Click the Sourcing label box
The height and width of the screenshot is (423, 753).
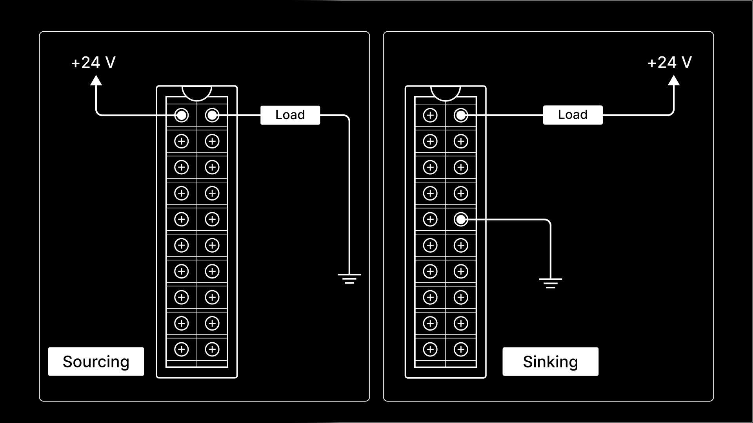coord(96,362)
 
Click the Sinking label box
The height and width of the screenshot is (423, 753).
coord(550,362)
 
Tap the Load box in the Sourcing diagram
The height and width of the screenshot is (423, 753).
coord(290,115)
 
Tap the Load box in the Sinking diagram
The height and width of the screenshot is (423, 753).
coord(573,115)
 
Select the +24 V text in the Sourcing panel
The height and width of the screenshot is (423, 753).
coord(93,63)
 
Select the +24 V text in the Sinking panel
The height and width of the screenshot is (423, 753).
coord(669,63)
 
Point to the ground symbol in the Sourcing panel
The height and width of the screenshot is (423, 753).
coord(349,278)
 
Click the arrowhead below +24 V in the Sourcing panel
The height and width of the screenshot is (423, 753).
coord(96,81)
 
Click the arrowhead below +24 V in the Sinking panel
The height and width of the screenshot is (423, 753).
coord(673,81)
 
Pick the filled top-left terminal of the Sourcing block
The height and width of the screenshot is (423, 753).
coord(182,115)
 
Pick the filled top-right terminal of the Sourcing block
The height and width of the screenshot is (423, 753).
coord(212,115)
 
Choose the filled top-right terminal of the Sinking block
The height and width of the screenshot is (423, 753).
coord(461,115)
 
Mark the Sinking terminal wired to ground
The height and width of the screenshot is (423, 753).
coord(461,219)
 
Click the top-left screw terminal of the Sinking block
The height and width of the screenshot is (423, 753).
coord(430,115)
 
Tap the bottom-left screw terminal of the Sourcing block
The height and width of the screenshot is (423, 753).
coord(182,349)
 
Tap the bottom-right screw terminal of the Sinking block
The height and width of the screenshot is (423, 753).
coord(461,349)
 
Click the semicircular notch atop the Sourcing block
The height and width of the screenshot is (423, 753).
coord(197,92)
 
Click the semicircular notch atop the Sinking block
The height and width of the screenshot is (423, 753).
coord(446,92)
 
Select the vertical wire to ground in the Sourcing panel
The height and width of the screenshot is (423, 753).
coord(349,196)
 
